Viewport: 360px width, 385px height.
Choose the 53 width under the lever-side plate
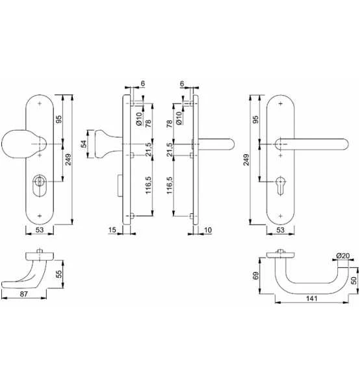click(x=280, y=230)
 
